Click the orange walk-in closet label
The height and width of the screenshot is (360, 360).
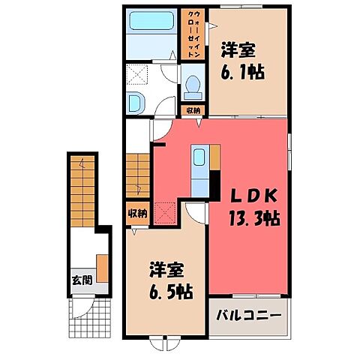coord(193,34)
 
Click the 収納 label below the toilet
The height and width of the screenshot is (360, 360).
coord(193,111)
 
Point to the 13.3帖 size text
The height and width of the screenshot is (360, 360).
coord(254,220)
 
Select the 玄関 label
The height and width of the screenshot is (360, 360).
coord(82,280)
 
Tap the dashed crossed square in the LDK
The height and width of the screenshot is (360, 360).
coord(164,214)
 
